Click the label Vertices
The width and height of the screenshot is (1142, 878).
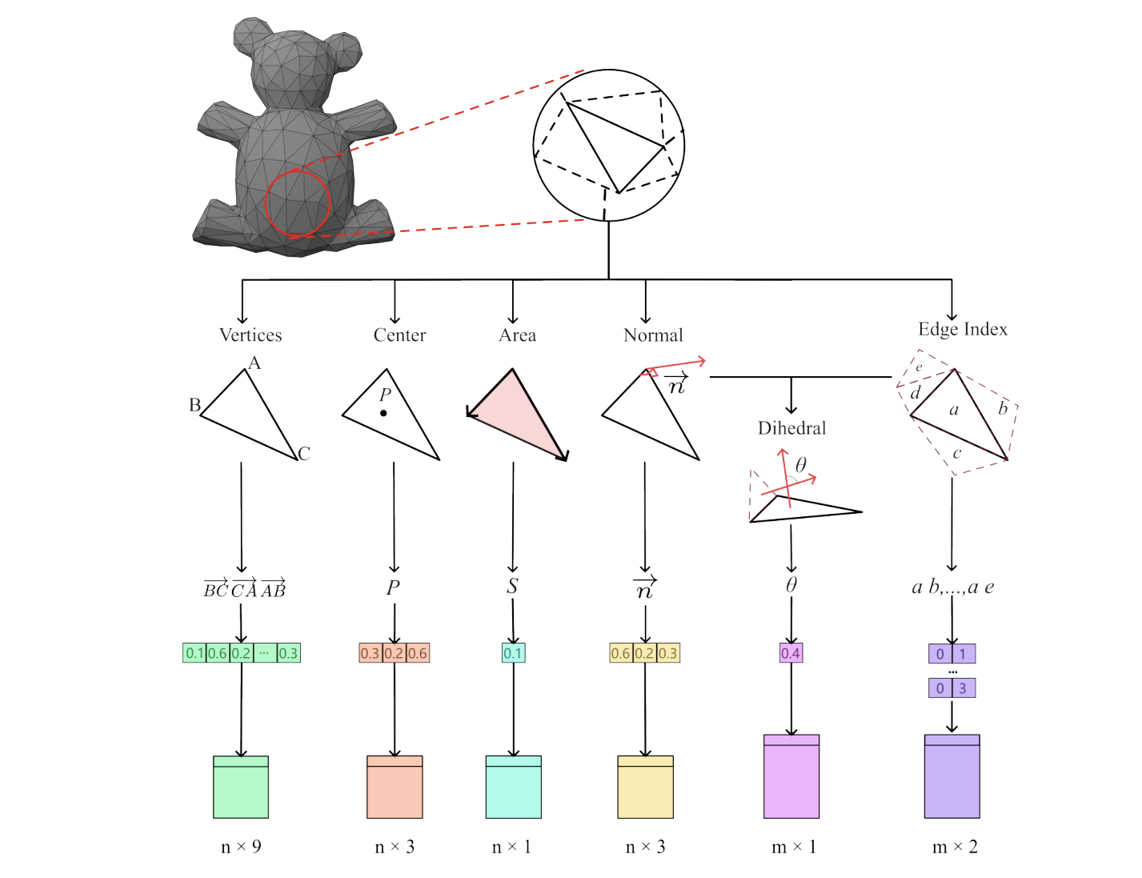click(x=250, y=335)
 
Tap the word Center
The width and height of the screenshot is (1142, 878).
click(x=399, y=335)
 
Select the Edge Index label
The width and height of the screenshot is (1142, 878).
click(x=962, y=329)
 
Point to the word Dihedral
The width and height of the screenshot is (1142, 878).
click(x=791, y=428)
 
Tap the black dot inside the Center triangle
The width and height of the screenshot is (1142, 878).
click(x=383, y=413)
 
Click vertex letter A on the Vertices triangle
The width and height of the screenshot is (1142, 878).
click(x=254, y=363)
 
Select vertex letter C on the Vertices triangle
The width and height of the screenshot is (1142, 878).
click(x=303, y=454)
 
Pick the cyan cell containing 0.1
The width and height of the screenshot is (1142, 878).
click(x=513, y=653)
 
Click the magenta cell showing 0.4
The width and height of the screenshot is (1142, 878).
click(x=791, y=653)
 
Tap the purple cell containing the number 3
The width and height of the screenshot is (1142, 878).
click(x=963, y=688)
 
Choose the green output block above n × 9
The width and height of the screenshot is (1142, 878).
click(x=241, y=788)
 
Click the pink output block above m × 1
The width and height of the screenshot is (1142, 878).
click(x=791, y=777)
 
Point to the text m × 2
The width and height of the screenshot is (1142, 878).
click(x=954, y=847)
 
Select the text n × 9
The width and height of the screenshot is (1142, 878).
click(x=241, y=847)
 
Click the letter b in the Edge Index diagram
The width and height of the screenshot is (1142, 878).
click(x=1002, y=408)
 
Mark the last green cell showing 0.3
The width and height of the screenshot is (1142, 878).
click(x=288, y=653)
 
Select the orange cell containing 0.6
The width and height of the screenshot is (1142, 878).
click(x=418, y=653)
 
